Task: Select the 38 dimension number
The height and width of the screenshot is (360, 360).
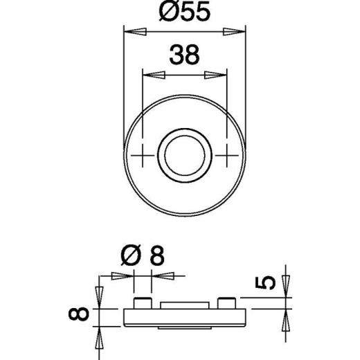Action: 184,55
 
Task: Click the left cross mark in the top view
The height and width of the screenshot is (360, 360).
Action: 142,154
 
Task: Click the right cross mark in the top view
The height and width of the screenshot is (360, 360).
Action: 226,154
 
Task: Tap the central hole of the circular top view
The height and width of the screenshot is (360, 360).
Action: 184,154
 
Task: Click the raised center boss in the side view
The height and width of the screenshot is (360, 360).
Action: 184,305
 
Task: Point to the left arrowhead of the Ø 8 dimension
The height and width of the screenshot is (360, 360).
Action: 123,275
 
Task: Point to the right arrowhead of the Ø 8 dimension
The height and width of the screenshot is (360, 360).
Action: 161,275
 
